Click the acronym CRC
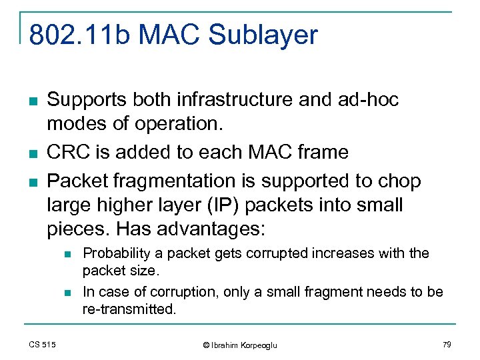pyautogui.click(x=68, y=152)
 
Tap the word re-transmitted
pyautogui.click(x=128, y=309)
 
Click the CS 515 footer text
pyautogui.click(x=42, y=344)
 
